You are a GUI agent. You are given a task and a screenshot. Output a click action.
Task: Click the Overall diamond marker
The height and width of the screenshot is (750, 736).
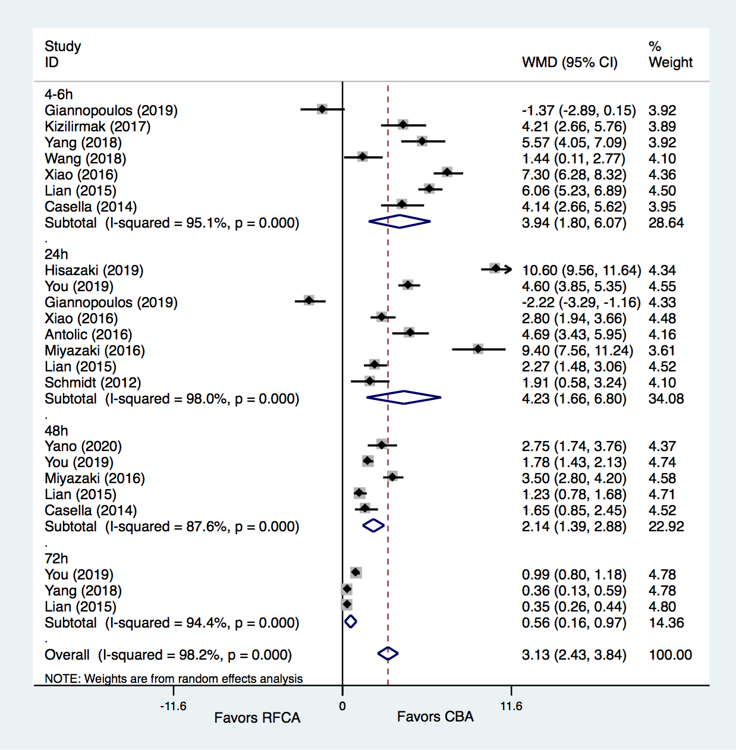coord(388,654)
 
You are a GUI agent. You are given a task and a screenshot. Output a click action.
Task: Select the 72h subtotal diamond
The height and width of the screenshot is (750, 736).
coord(350,622)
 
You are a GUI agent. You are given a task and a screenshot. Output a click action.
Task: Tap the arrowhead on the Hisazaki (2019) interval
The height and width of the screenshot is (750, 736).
coord(507,269)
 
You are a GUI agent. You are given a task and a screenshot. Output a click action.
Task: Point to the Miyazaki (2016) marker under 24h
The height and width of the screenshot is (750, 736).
coord(478,349)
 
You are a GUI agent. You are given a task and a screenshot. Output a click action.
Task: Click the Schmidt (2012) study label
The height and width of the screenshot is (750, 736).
coord(93,383)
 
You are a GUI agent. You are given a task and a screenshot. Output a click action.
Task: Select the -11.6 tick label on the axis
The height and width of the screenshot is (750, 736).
coord(173,706)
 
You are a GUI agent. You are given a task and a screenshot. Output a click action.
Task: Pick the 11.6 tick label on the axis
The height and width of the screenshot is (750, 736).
coord(511,706)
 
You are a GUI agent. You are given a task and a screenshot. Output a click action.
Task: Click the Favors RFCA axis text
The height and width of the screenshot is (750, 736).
coord(257,718)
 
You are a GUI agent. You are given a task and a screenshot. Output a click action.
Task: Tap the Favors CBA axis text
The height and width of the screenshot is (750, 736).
coord(435,717)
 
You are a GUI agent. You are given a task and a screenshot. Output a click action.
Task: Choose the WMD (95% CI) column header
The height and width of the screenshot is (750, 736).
coord(570,62)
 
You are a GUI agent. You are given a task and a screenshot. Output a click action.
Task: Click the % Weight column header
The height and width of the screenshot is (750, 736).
coord(670,55)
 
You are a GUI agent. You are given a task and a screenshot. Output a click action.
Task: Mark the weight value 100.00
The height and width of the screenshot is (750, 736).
coord(670,655)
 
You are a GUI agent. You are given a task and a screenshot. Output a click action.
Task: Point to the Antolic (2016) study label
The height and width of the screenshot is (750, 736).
coord(89,335)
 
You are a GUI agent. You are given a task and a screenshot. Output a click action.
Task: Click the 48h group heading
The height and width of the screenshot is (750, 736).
coord(56,430)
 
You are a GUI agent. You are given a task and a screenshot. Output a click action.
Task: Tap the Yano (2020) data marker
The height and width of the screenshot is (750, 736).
coord(381,445)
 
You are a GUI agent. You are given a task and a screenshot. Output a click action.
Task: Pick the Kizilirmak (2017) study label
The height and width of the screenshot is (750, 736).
coord(97,127)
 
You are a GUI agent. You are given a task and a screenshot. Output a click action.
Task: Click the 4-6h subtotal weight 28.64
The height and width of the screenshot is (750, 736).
coord(666,223)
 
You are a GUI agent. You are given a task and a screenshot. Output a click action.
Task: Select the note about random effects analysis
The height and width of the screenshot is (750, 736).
coord(174,679)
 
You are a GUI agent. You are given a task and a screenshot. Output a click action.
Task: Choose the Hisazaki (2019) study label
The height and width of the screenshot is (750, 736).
coord(94,270)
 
